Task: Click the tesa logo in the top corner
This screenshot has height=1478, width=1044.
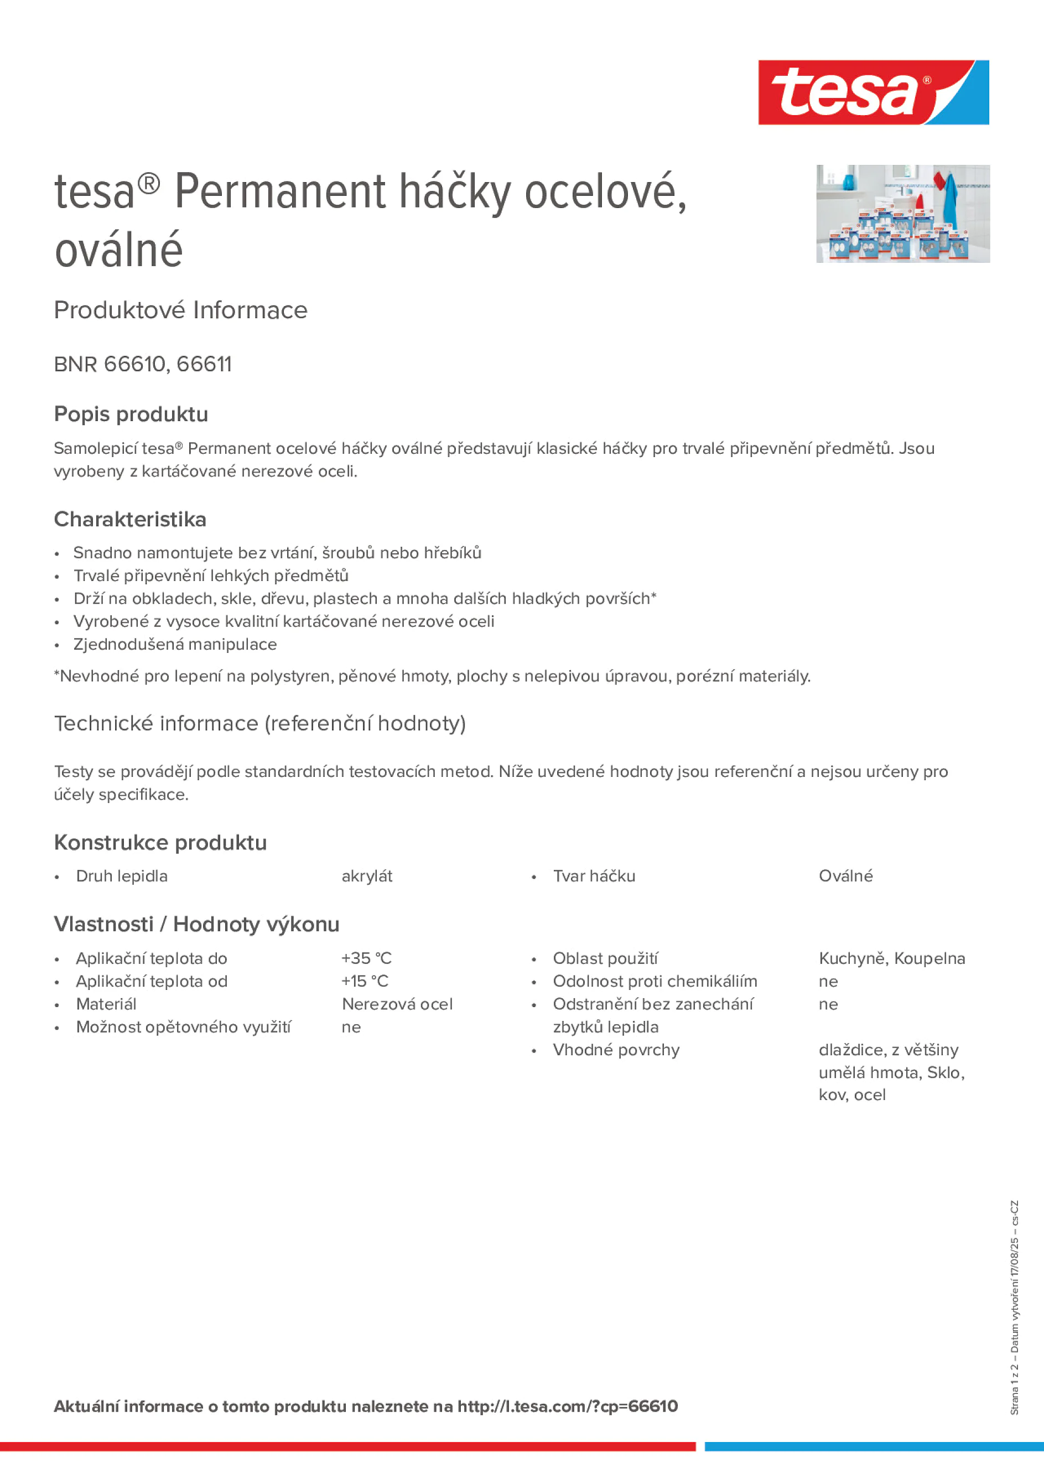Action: [x=873, y=92]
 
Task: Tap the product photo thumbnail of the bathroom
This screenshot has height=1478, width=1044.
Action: [x=902, y=213]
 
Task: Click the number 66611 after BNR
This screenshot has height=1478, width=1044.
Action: [x=204, y=364]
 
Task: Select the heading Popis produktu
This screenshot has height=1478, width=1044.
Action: [x=131, y=414]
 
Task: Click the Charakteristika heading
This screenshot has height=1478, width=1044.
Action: [x=130, y=519]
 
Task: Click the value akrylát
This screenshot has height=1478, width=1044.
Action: [x=366, y=876]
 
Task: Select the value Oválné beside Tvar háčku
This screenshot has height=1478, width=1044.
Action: [x=845, y=876]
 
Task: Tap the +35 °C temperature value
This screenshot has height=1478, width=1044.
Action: [x=366, y=958]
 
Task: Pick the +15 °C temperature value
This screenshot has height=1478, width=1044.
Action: [x=365, y=981]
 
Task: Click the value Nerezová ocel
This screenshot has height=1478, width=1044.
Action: [x=397, y=1004]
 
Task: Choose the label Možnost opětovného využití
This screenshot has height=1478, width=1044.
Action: [x=184, y=1027]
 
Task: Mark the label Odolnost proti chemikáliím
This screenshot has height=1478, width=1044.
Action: [x=655, y=981]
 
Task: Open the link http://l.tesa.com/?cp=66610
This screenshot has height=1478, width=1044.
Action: [x=567, y=1407]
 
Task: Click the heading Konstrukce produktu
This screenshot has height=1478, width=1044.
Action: [x=160, y=843]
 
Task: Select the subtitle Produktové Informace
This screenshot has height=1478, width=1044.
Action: [x=181, y=310]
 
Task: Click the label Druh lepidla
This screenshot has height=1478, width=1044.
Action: [x=122, y=876]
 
